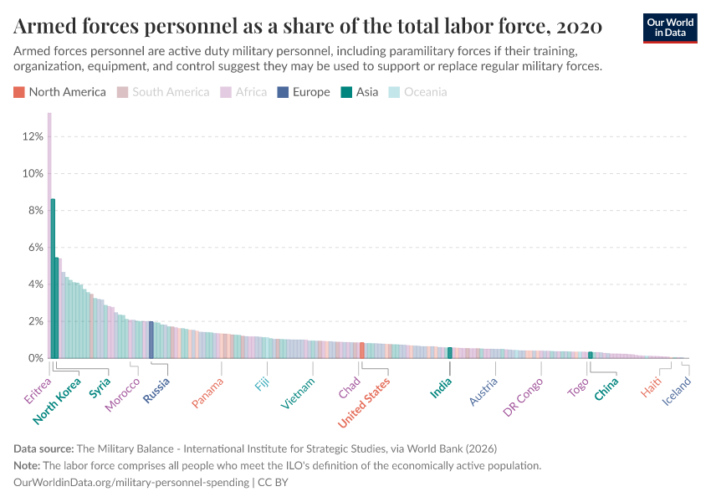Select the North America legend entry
[x=61, y=92]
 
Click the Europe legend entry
[x=304, y=92]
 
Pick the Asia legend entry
[x=361, y=92]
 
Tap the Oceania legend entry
[x=419, y=92]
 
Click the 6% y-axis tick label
[x=30, y=248]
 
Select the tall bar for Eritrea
[x=49, y=234]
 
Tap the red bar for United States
[x=361, y=351]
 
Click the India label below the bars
[x=441, y=388]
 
